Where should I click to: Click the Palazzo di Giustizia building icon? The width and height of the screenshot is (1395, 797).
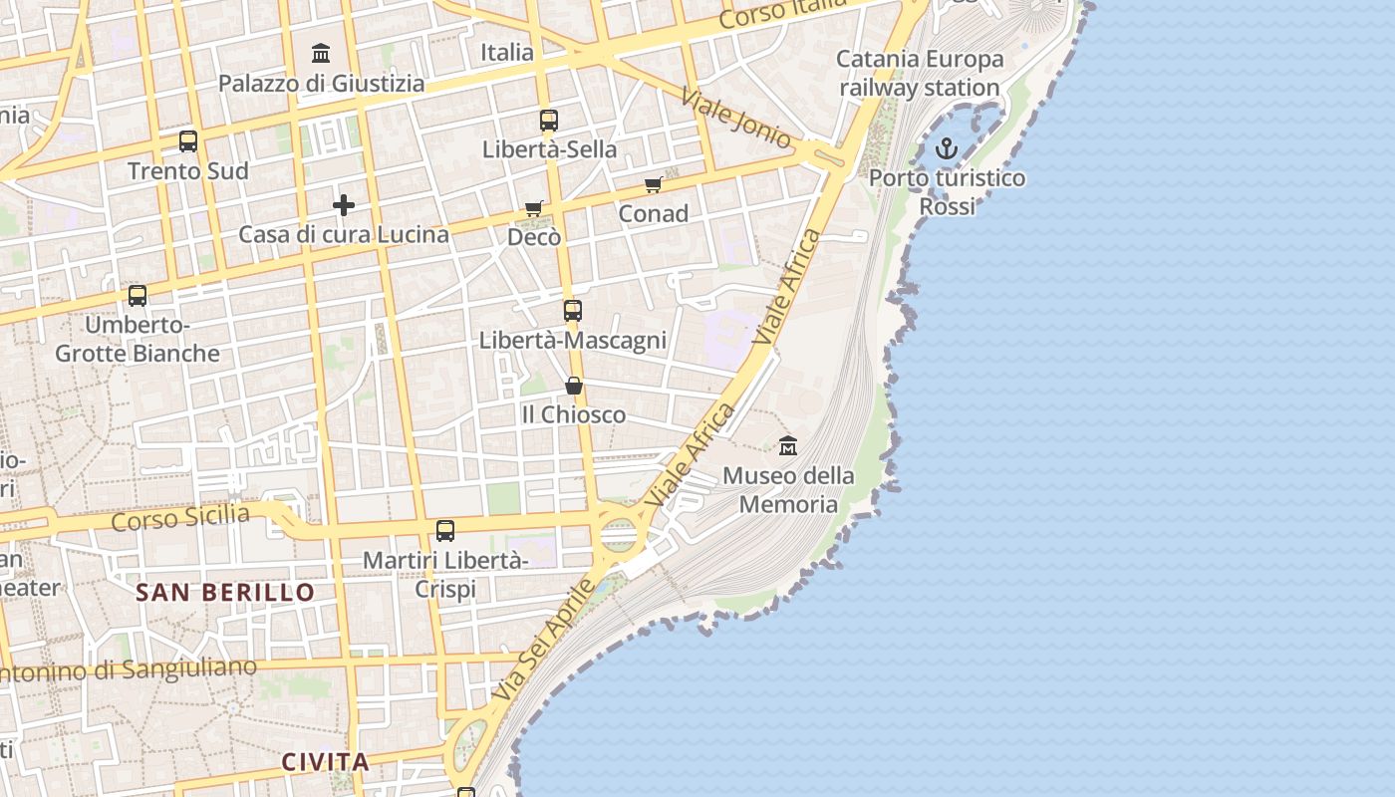point(321,53)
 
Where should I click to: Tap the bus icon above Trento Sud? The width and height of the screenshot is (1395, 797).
point(188,140)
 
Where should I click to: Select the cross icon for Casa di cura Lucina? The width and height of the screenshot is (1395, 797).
point(344,205)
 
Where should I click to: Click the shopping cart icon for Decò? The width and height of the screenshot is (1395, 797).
point(534,208)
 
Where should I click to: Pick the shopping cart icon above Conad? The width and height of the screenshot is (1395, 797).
point(654,184)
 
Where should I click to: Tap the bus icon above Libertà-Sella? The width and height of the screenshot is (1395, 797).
point(548,121)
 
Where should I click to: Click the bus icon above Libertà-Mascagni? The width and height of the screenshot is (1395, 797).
point(572,310)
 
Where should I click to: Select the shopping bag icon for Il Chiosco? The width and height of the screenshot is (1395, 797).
point(574,385)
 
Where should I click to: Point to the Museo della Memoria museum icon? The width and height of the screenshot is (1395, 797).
point(788,445)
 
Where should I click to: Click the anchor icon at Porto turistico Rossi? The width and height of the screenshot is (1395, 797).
point(947,149)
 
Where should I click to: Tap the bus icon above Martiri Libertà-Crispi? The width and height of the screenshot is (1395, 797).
point(445,531)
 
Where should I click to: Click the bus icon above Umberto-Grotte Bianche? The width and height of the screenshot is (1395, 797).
point(138,296)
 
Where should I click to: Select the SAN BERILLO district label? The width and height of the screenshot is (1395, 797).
point(225,593)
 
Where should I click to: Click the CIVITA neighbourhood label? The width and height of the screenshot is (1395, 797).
point(325,763)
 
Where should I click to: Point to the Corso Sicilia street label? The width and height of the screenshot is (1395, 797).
point(180,518)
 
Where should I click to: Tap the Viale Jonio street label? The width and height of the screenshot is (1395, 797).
point(736,119)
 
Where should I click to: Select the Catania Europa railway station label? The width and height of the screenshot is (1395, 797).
point(919,74)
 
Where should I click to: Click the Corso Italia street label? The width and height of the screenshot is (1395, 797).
point(783,13)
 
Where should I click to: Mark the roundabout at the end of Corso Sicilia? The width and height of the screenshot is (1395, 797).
point(619,535)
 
